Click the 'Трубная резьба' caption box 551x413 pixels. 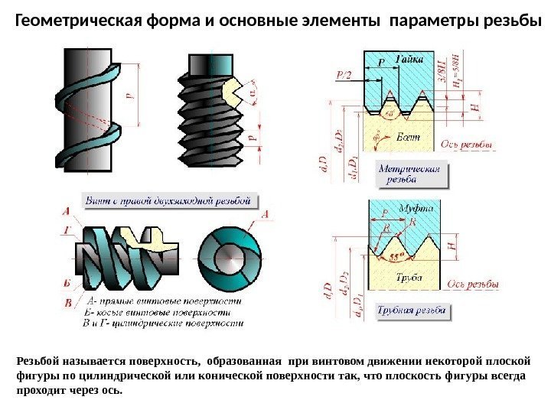coord(412,311)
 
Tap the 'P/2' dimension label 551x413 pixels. coord(344,74)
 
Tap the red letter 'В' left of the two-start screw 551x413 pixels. coord(67,304)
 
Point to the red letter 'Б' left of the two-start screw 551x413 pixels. coord(67,283)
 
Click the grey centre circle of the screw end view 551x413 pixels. coord(229,254)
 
